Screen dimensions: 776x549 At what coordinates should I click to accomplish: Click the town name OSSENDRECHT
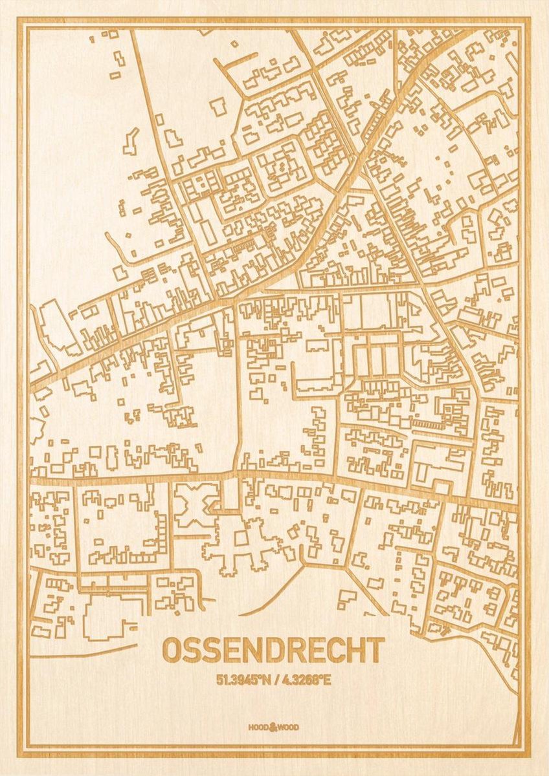coord(273,651)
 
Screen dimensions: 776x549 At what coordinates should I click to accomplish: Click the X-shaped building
coord(196,504)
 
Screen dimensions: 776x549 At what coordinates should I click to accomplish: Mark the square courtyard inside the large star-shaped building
coord(241,538)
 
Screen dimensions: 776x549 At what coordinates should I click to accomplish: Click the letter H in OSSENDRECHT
coord(355,651)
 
